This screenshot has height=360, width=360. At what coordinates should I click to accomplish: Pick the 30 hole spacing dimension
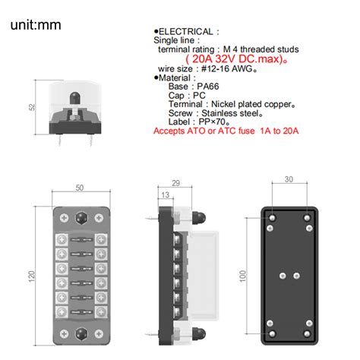289,180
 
